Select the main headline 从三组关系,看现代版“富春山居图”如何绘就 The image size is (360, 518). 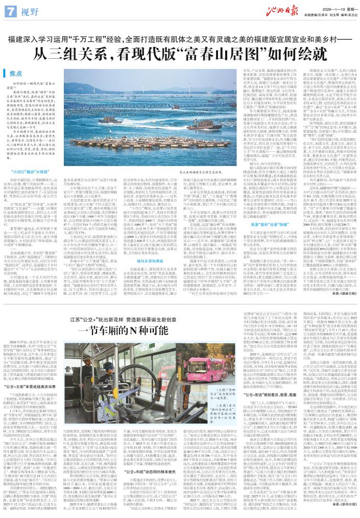pyautogui.click(x=180, y=51)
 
